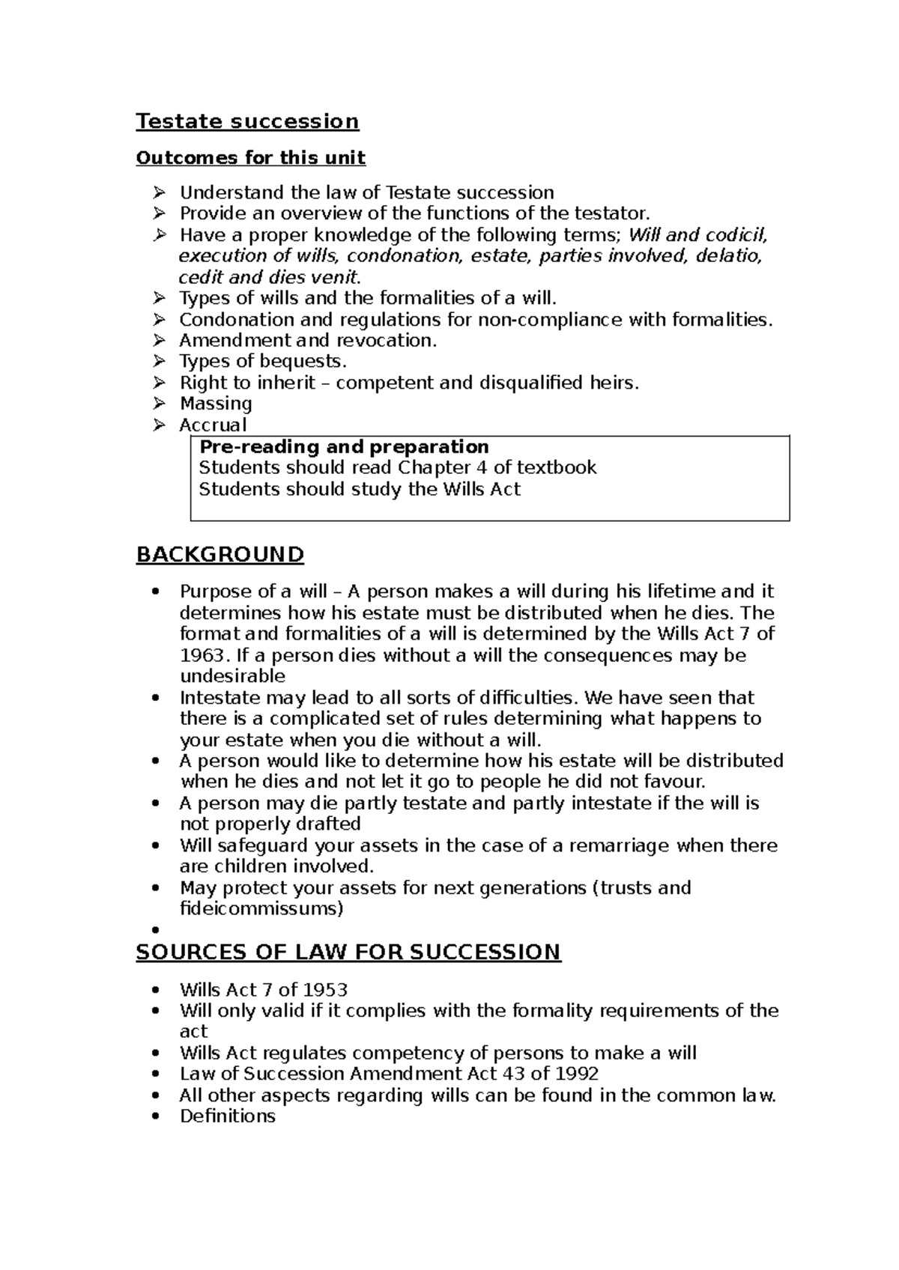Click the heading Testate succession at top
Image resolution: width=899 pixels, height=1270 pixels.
pyautogui.click(x=247, y=121)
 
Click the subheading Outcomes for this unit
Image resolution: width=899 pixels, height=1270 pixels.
pyautogui.click(x=250, y=158)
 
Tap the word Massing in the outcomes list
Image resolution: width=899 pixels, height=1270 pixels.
pyautogui.click(x=216, y=404)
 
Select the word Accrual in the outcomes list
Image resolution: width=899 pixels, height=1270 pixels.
pyautogui.click(x=213, y=425)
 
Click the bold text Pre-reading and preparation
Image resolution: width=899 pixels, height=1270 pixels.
pyautogui.click(x=344, y=447)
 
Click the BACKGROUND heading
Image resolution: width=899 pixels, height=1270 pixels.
pyautogui.click(x=220, y=555)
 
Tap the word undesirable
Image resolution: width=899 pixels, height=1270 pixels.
pyautogui.click(x=233, y=677)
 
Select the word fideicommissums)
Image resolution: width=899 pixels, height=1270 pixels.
pyautogui.click(x=261, y=909)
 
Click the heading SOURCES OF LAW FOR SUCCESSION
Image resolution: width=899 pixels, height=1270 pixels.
pyautogui.click(x=348, y=952)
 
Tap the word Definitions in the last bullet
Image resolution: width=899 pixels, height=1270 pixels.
pyautogui.click(x=228, y=1116)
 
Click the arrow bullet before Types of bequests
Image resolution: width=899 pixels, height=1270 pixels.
pyautogui.click(x=158, y=362)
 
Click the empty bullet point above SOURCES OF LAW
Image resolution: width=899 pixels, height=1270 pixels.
pyautogui.click(x=155, y=931)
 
